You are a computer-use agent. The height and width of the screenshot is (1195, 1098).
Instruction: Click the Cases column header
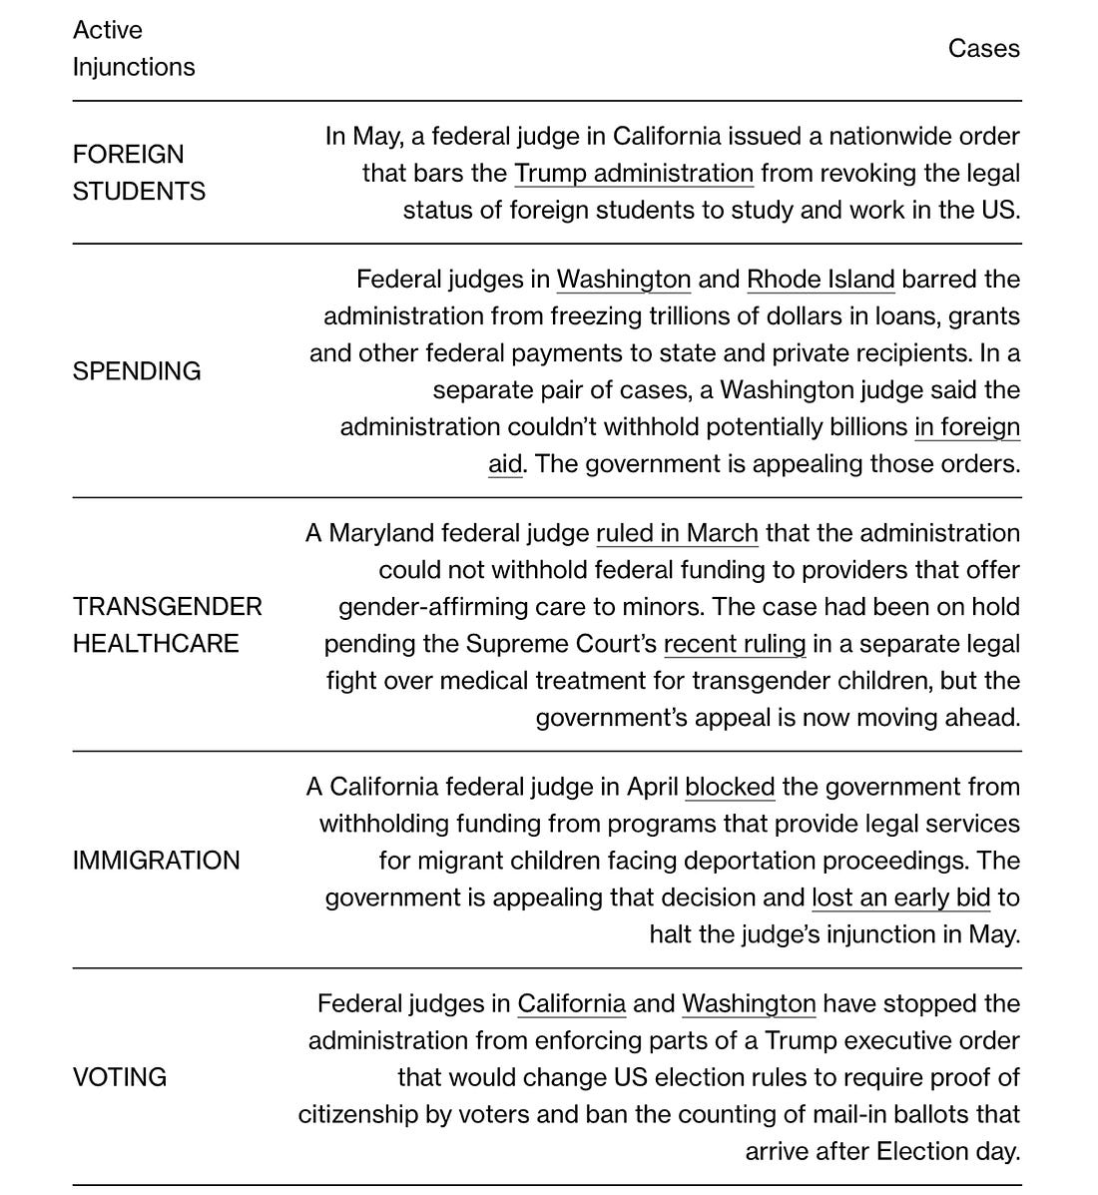click(983, 49)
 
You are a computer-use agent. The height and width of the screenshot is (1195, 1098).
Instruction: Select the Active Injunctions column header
click(133, 49)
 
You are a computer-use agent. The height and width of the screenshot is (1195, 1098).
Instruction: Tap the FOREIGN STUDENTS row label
click(139, 173)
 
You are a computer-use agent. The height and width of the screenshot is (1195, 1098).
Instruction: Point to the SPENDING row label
click(137, 371)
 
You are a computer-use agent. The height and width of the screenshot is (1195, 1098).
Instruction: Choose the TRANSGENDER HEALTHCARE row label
click(167, 625)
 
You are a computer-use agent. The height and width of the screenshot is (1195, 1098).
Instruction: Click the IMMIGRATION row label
click(156, 861)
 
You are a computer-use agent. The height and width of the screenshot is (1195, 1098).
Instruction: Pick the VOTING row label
click(120, 1077)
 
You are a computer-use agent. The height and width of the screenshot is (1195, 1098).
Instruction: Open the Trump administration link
click(633, 174)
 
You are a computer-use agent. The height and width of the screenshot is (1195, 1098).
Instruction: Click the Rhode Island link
click(821, 280)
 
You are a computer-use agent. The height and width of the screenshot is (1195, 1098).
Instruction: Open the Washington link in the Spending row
click(623, 280)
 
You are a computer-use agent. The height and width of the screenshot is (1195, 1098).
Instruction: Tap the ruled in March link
click(677, 534)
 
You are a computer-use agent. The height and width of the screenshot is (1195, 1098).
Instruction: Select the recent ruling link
click(734, 645)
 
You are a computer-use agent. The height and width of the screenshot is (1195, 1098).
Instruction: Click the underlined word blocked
click(730, 788)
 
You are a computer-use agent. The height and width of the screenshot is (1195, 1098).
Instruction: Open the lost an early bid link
click(900, 898)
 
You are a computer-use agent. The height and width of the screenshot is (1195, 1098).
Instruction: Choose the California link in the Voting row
click(571, 1004)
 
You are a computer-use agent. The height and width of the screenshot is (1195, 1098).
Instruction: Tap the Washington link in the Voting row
click(749, 1004)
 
